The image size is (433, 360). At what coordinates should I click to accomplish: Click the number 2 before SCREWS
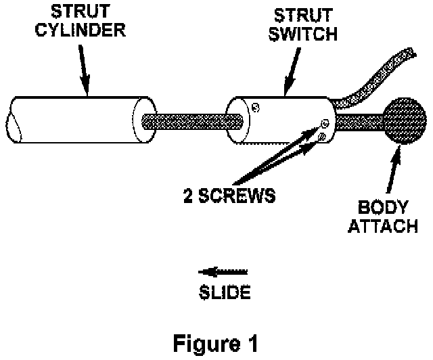tap(189, 196)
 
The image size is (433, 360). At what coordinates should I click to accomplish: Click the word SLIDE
tap(225, 294)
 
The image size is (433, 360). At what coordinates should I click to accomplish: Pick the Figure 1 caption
tap(214, 343)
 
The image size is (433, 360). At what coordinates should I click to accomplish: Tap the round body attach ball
tap(405, 122)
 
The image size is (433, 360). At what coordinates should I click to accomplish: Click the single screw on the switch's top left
tap(254, 106)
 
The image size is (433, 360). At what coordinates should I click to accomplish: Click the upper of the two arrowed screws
tap(325, 124)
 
